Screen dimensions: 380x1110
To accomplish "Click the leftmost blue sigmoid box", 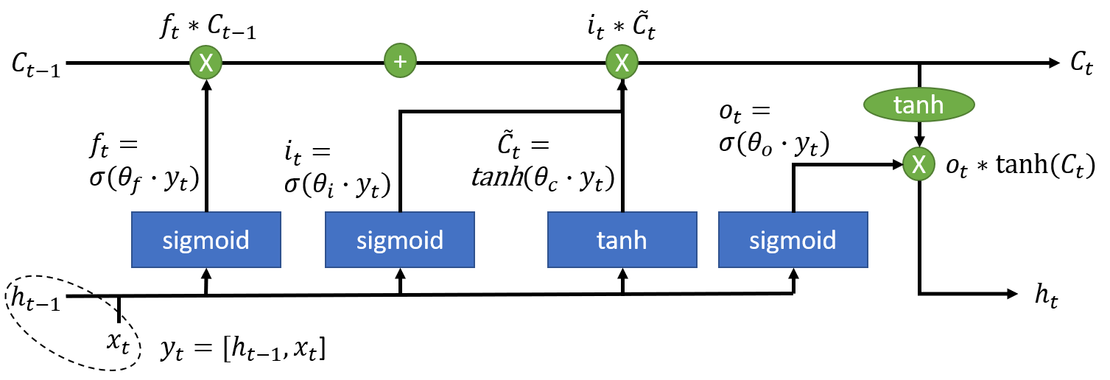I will [206, 240].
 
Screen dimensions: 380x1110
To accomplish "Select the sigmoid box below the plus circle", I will [400, 240].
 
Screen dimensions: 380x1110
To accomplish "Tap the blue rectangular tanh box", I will [622, 240].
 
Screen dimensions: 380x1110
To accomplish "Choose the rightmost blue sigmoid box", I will [793, 240].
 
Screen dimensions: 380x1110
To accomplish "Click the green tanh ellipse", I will [919, 105].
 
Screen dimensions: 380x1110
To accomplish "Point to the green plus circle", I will [400, 60].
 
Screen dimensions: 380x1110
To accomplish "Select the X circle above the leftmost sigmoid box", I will [206, 63].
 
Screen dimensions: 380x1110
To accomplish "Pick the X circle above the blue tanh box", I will [622, 63].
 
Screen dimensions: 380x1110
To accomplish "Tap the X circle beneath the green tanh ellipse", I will [918, 164].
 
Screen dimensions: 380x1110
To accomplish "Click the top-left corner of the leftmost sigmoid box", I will [133, 213].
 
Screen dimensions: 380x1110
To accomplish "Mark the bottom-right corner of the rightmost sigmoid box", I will [867, 267].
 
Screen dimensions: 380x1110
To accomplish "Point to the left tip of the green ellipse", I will [865, 105].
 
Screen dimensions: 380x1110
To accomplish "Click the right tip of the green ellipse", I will [974, 105].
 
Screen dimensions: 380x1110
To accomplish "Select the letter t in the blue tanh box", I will [601, 241].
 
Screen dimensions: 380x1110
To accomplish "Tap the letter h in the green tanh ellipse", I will [936, 105].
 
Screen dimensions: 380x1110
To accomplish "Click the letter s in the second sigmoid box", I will [362, 242].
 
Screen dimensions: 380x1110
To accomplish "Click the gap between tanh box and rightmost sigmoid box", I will [708, 240].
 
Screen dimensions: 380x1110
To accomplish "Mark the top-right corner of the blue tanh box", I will [696, 213].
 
